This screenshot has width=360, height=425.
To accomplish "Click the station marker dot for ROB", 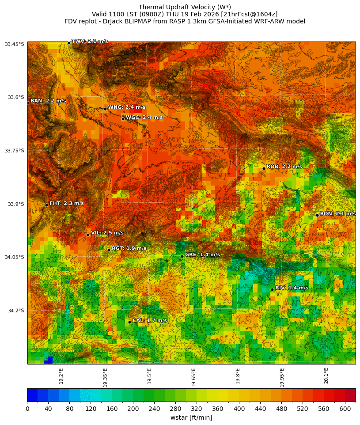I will coord(264,168).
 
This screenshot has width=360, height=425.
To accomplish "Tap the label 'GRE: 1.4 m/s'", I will coord(202,255).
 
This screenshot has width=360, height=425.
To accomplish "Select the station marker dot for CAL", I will coord(129,322).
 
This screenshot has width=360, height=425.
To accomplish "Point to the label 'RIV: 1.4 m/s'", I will coord(292,288).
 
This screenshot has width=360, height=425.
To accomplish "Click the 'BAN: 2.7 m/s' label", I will coord(48,101).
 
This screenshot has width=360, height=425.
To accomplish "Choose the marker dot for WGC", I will coord(123,119).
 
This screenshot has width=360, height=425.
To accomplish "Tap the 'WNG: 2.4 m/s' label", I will coord(127,107).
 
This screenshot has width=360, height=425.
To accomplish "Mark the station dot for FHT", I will coord(46,205).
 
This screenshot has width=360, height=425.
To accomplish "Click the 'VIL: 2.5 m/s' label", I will coord(107,233).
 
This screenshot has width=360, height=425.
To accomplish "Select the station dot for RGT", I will coord(109,250).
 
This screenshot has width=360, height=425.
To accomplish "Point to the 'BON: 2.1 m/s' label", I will coord(337,214).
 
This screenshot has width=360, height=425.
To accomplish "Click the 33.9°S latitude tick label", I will coord(14,204).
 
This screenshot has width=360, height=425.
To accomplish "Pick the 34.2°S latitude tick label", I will coord(14,311).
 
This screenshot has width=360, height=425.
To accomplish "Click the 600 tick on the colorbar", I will coord(345,409).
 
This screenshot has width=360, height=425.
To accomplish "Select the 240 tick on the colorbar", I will coord(154,409).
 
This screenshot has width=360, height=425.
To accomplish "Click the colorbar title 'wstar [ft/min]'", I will coord(191,417).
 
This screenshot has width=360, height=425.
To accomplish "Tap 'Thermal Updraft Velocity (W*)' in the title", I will coord(185,7).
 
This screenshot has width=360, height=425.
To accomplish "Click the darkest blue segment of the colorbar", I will coord(32,395).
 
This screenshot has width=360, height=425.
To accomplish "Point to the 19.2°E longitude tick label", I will coord(61,376).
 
